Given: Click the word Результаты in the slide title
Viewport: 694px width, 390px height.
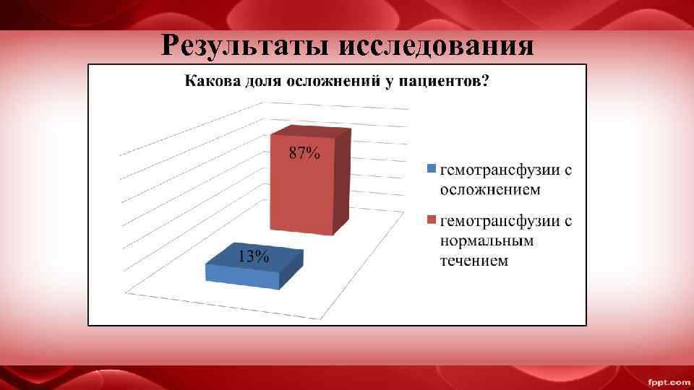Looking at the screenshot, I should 246,46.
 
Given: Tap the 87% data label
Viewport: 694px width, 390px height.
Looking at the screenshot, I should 304,153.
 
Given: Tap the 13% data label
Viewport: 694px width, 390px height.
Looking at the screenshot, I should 254,256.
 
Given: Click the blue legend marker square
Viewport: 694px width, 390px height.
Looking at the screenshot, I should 431,170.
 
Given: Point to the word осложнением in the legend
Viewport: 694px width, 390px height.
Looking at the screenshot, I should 491,190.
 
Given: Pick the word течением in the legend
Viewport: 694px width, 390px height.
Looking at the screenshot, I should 474,260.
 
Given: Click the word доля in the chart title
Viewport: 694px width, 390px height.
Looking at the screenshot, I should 265,81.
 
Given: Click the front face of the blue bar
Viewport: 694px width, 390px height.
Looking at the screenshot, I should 242,278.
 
